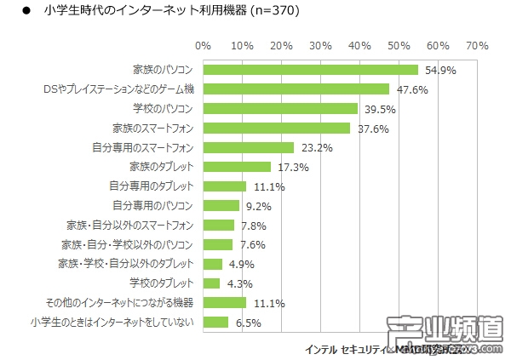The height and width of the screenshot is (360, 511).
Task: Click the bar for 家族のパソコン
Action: [x=310, y=70]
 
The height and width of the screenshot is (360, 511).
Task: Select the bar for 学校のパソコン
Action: [x=280, y=108]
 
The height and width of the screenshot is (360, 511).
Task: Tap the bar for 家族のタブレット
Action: [x=237, y=167]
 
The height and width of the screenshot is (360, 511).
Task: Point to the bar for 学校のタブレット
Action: [x=211, y=283]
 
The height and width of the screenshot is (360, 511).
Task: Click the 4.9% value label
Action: [x=240, y=264]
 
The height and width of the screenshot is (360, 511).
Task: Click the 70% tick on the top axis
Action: [x=477, y=44]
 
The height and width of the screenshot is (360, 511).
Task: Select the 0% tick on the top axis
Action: [x=203, y=44]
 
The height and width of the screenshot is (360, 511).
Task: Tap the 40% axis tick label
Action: [x=359, y=44]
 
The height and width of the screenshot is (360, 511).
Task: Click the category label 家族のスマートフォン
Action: [x=153, y=128]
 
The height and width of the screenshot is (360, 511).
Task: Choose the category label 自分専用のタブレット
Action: [x=152, y=186]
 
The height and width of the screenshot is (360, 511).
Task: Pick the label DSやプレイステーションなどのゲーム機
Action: [x=118, y=89]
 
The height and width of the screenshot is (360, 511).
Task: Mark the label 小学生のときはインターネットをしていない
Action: [x=111, y=322]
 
